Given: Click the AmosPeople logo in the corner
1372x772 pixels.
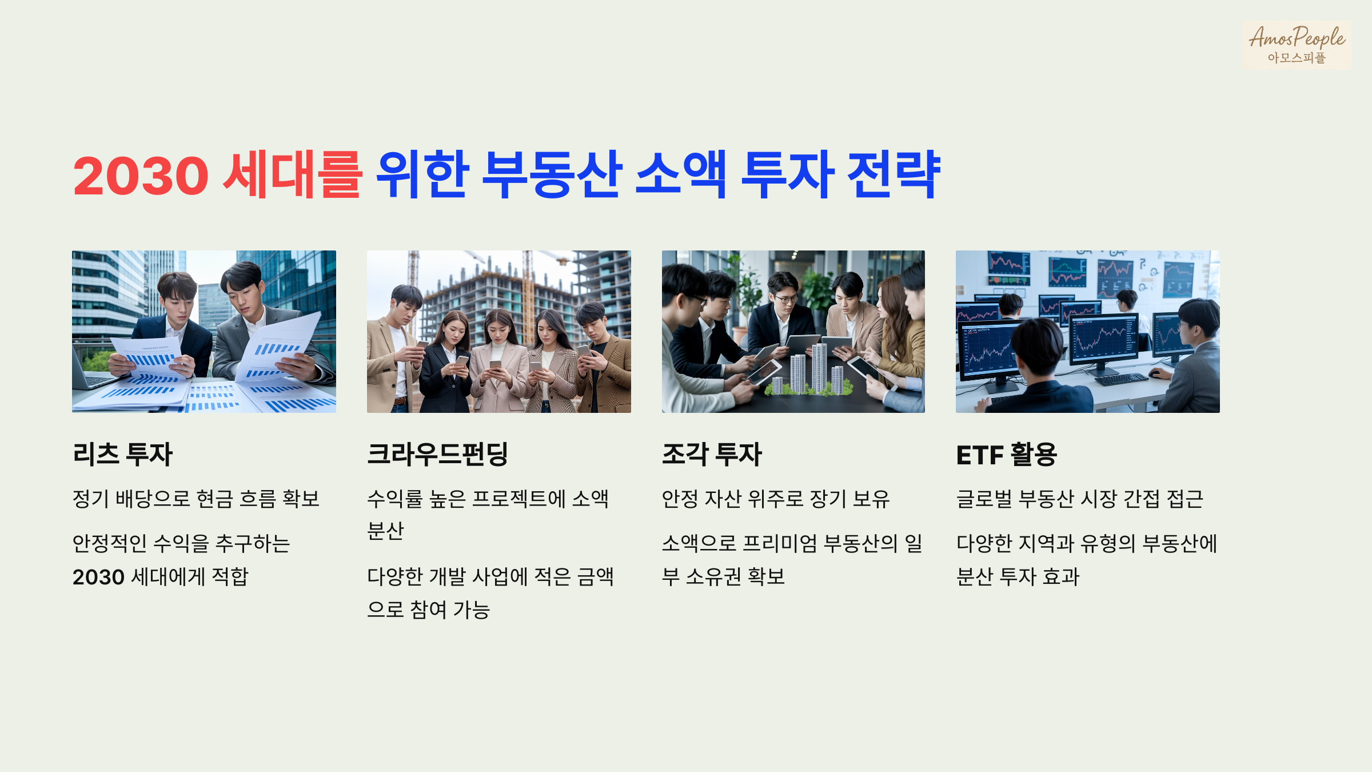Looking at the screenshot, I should pos(1296,45).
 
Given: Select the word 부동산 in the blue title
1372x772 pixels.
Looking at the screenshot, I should pos(551,174).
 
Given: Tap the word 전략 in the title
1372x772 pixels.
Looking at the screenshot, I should pos(893,174).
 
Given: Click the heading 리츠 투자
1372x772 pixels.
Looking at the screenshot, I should pos(122,455).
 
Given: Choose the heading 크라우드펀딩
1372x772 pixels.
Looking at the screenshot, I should pos(437,455).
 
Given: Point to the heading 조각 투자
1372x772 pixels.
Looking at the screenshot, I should pos(712,455).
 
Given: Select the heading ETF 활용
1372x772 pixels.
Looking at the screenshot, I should pos(1006,455).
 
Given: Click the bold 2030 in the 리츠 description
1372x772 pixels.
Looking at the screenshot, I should pos(98,577).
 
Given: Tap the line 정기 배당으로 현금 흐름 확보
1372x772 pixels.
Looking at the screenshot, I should pos(196,499).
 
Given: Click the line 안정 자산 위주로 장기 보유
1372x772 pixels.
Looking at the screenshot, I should pos(776,499).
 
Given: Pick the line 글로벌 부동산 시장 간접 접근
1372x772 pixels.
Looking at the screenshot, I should pos(1080,499).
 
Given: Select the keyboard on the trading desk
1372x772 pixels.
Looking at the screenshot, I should pos(1121,379).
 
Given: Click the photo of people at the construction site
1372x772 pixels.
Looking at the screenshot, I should pos(498,332).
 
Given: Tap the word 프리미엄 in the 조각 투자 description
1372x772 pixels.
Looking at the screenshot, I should pos(780,543).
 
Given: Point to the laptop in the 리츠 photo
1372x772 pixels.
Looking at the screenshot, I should pos(91,375).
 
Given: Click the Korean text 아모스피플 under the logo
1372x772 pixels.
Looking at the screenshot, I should pos(1296,58).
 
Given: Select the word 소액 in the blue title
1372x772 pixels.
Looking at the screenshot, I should pos(680,174).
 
